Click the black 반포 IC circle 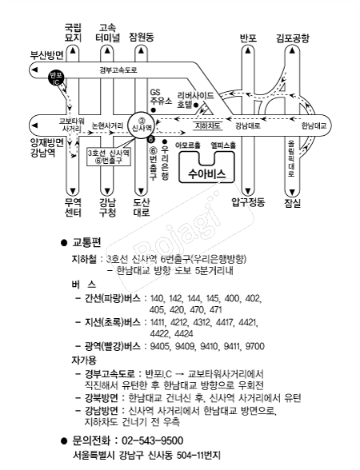[x=56, y=78]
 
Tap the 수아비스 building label [x=206, y=173]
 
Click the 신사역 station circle [x=141, y=125]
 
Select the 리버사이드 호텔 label [x=195, y=100]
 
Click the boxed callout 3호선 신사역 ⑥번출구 [x=109, y=157]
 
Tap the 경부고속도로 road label [x=118, y=70]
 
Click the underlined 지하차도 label [x=208, y=125]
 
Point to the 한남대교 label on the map [x=314, y=126]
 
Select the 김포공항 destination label [x=293, y=38]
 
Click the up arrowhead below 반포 [x=247, y=50]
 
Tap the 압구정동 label [x=248, y=202]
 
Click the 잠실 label [x=292, y=204]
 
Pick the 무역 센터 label [x=73, y=207]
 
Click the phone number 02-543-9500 [x=152, y=440]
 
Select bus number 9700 [x=255, y=346]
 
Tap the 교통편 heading [x=87, y=242]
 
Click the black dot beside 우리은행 [x=165, y=141]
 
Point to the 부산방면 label [x=46, y=56]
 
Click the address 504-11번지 [x=199, y=456]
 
